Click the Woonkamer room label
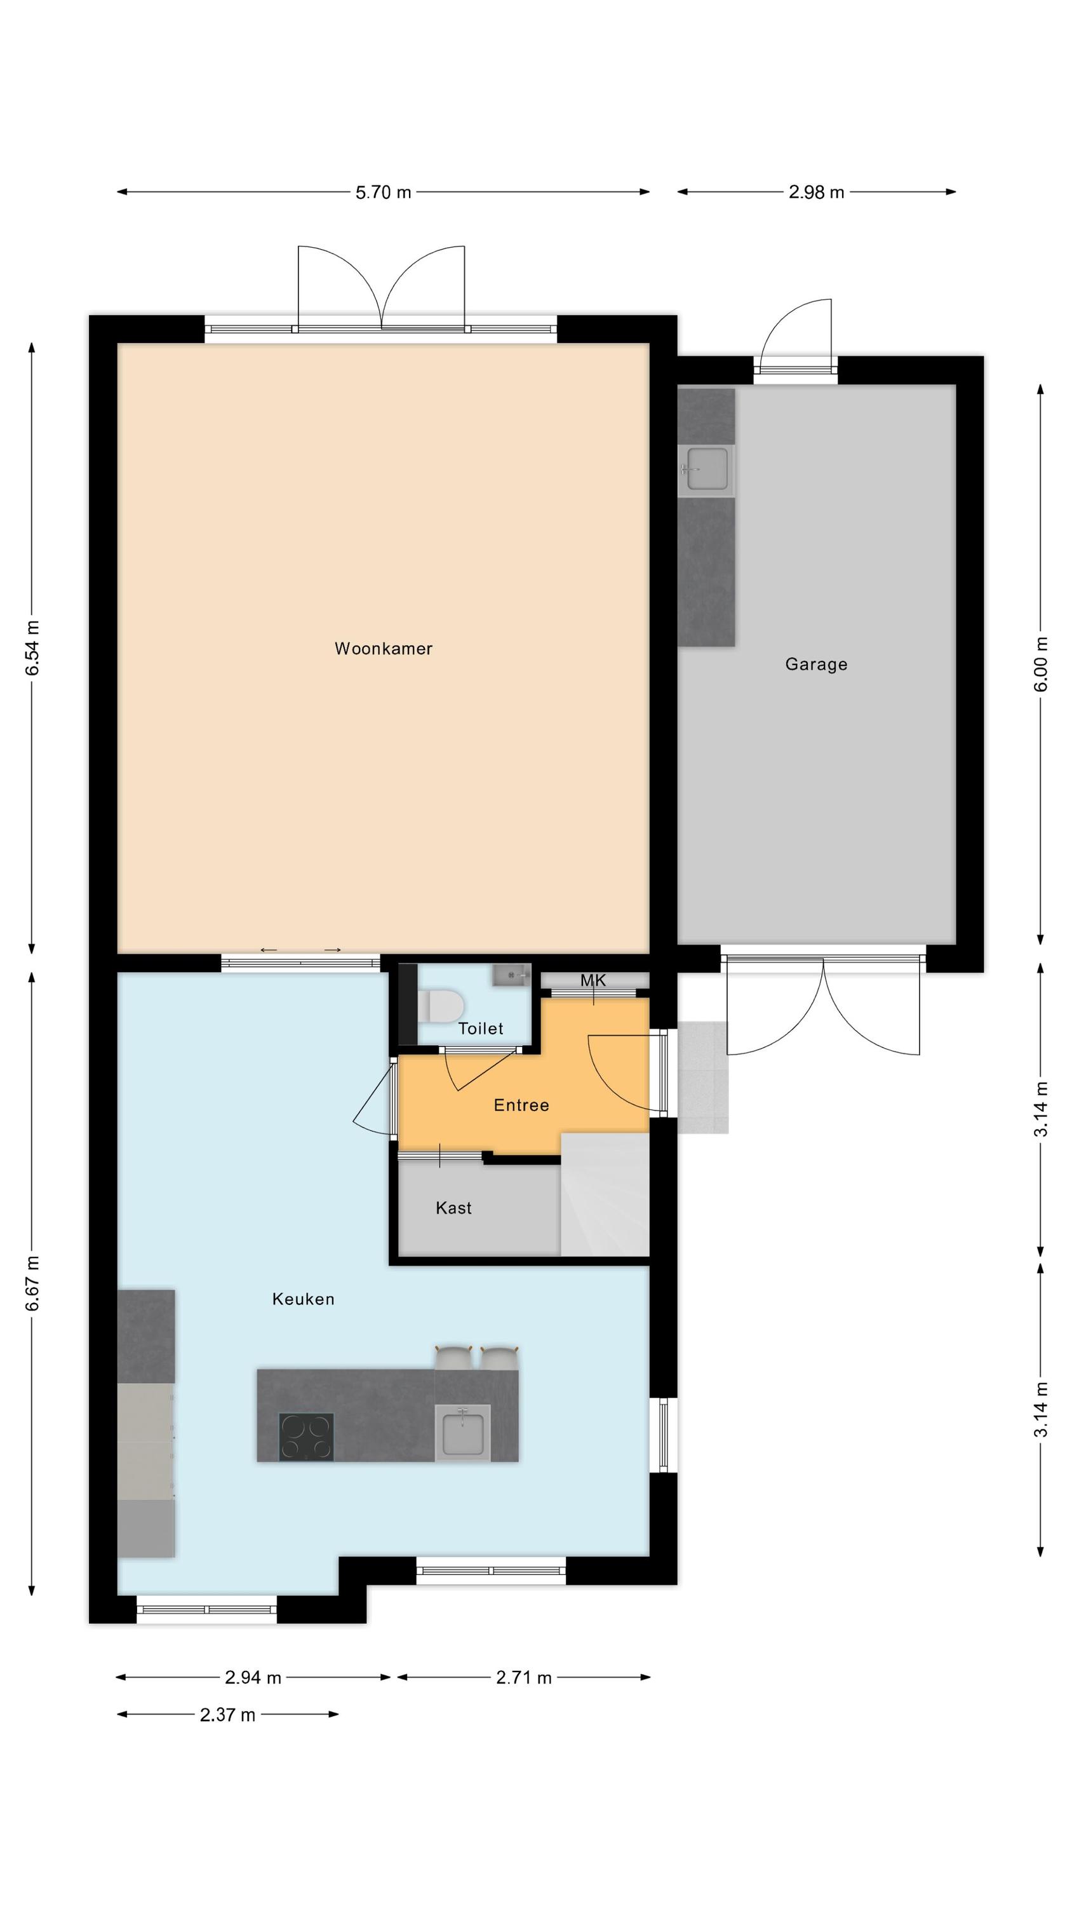(x=383, y=649)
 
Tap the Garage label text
(x=816, y=665)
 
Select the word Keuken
(x=304, y=1299)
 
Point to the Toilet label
(x=481, y=1028)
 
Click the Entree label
(x=521, y=1105)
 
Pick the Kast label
(x=453, y=1208)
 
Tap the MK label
(x=593, y=980)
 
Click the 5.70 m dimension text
(x=383, y=193)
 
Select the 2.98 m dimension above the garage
(x=816, y=193)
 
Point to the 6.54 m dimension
(x=32, y=648)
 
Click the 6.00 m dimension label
(x=1041, y=664)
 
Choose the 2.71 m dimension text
(x=524, y=1677)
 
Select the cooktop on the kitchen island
(x=306, y=1437)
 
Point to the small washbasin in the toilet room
(x=512, y=975)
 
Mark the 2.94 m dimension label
(x=253, y=1677)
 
